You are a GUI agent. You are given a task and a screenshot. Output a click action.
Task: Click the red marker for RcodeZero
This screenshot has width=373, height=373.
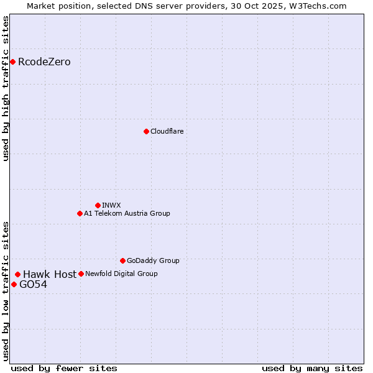(12, 62)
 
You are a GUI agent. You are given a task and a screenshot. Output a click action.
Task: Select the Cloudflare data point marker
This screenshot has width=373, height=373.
(146, 131)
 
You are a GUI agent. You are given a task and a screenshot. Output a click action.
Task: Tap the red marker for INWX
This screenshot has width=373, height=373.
(98, 205)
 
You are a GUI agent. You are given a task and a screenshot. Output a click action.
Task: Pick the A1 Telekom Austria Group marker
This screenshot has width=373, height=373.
(80, 213)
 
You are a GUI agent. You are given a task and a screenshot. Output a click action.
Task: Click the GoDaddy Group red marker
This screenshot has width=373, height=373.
(122, 260)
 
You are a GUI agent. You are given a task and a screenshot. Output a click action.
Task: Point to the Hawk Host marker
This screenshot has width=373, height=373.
(17, 274)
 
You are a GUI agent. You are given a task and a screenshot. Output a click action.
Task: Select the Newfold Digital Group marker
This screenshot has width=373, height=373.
(81, 274)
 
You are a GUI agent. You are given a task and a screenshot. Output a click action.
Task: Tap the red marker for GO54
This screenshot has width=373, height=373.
(14, 284)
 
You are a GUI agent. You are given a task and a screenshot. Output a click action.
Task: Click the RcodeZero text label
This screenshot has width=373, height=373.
(44, 62)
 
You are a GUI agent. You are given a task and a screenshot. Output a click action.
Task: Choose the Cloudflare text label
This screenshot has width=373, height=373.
(167, 131)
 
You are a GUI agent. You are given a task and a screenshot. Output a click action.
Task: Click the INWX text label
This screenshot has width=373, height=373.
(111, 205)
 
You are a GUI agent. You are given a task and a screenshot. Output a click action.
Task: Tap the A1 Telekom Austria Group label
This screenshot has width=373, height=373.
(127, 213)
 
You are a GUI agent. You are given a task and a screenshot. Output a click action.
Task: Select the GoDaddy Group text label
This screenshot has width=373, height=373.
(153, 260)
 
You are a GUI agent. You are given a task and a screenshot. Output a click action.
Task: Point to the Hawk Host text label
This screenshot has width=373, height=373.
(50, 274)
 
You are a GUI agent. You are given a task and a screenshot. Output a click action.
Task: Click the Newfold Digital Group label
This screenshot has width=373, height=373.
(121, 274)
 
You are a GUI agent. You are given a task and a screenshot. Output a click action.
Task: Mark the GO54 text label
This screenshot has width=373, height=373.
(33, 285)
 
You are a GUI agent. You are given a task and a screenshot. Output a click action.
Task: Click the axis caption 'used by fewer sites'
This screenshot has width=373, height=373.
(64, 368)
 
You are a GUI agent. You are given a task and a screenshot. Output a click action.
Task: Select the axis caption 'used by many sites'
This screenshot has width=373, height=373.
(312, 368)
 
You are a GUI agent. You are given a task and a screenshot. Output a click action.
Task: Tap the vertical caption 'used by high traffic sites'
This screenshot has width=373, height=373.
(6, 88)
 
